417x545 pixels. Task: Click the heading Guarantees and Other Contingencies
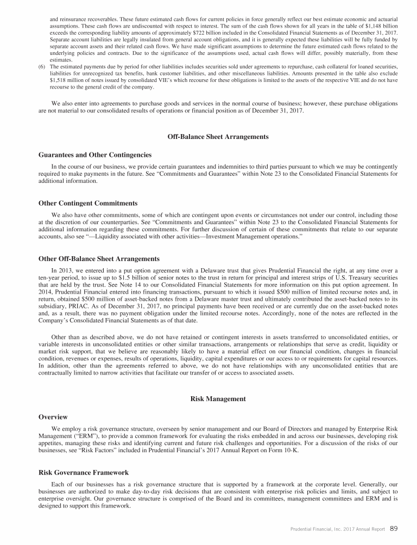pos(95,155)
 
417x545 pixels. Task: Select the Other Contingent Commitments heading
pos(88,203)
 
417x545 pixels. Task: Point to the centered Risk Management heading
pos(218,399)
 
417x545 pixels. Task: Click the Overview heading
pos(53,417)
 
